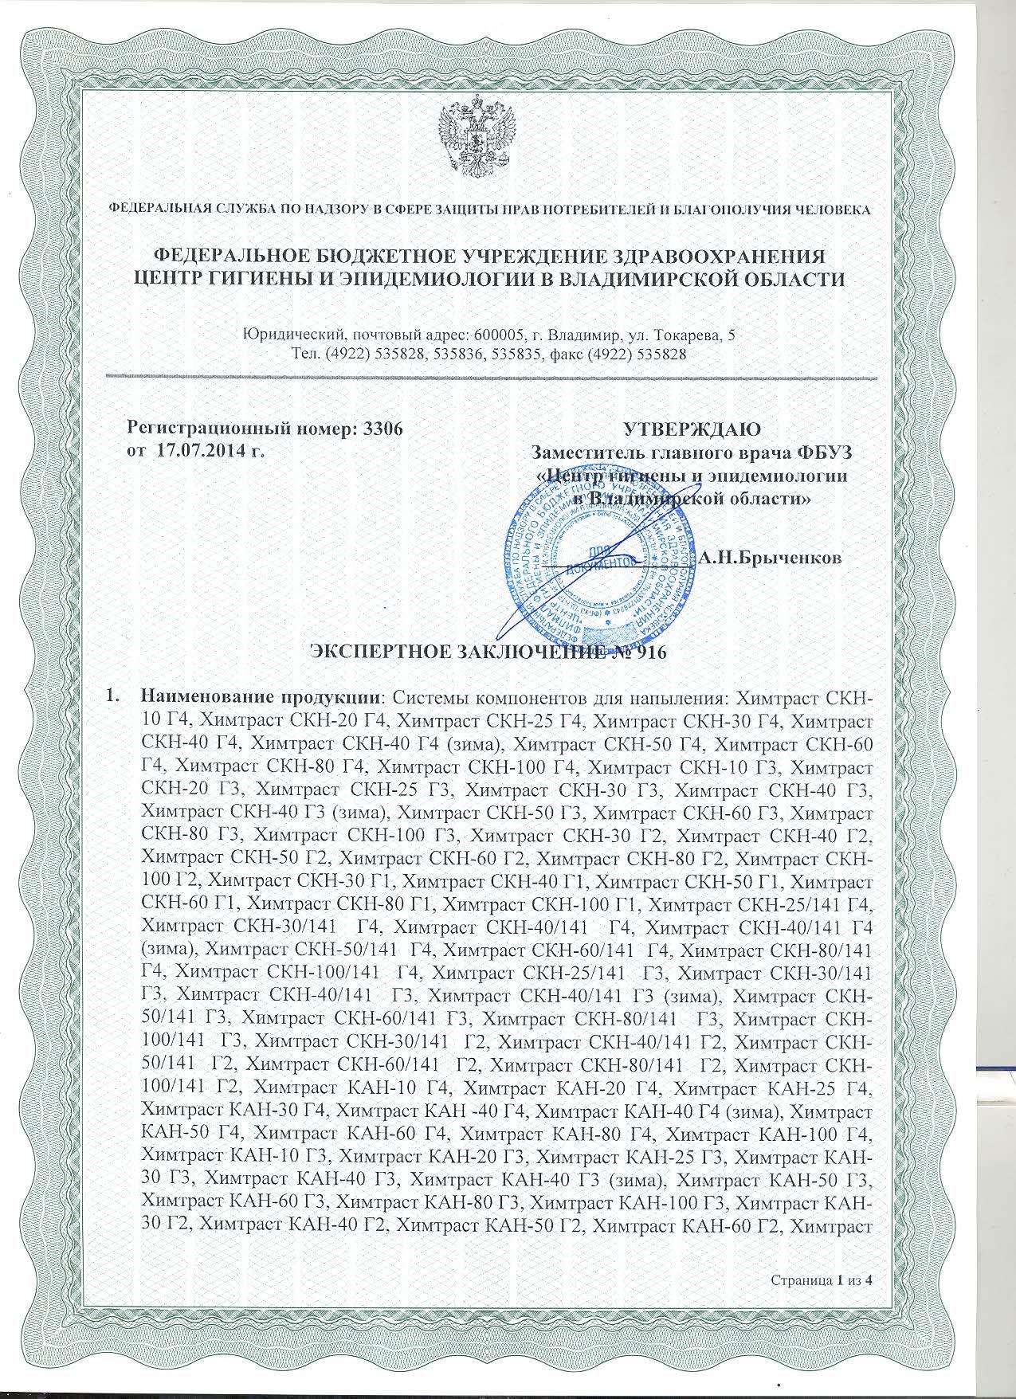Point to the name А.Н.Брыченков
[x=771, y=558]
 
